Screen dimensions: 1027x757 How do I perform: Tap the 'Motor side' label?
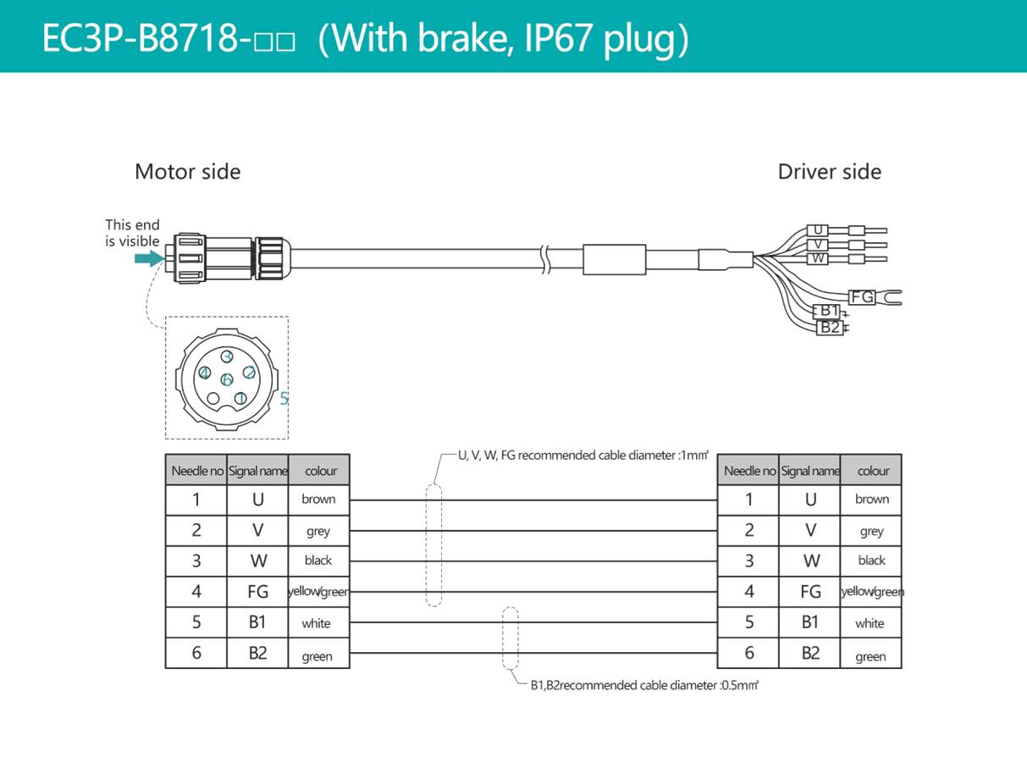click(187, 172)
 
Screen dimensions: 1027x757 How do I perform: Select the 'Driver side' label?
click(830, 172)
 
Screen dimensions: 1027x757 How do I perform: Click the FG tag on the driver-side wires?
click(862, 297)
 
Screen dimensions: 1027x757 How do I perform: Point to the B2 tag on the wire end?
click(830, 328)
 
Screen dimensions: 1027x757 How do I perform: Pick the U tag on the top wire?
click(818, 230)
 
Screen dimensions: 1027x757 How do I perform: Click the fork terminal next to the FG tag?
click(890, 297)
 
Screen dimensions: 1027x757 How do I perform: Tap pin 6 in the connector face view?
click(227, 379)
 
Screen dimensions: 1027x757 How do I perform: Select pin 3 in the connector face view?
click(227, 356)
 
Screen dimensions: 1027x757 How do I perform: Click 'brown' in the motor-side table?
click(318, 499)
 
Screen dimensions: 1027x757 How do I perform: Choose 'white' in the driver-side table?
click(870, 623)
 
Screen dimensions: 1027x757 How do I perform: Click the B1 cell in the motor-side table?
click(257, 622)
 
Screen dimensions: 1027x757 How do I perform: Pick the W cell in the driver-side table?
click(810, 561)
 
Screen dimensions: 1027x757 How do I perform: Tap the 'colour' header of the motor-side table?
click(321, 471)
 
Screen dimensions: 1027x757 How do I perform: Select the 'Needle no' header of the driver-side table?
click(749, 471)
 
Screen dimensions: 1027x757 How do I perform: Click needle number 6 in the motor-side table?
click(196, 653)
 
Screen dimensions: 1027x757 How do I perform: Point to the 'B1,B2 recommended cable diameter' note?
click(644, 685)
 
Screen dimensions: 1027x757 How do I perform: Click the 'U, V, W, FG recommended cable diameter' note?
click(583, 456)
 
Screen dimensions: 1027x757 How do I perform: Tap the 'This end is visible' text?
click(132, 233)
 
